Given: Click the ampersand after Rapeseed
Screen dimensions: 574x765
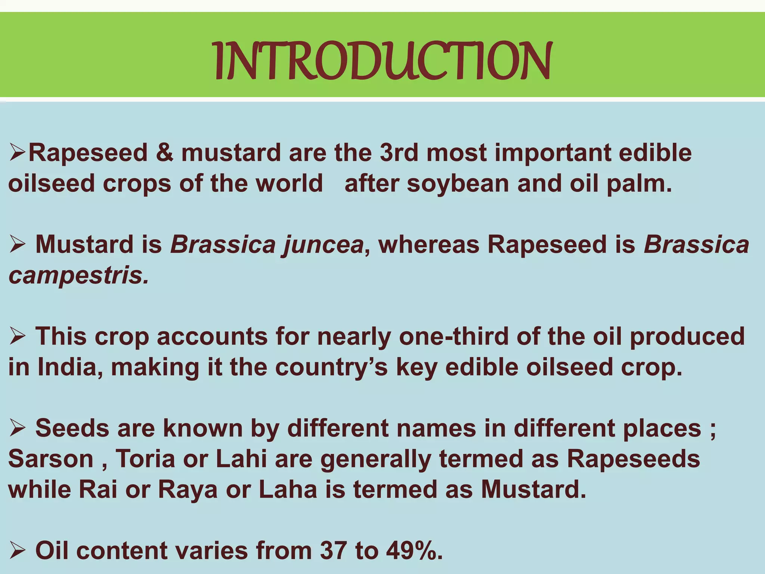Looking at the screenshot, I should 164,153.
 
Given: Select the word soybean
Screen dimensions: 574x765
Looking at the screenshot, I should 458,184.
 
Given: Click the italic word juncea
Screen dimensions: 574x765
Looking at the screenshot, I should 323,245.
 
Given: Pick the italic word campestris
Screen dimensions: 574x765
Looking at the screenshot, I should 78,276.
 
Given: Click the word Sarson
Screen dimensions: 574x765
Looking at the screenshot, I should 51,459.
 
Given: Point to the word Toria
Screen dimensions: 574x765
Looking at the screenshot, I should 145,459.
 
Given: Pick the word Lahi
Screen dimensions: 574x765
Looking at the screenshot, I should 241,459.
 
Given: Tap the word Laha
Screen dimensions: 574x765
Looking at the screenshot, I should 288,490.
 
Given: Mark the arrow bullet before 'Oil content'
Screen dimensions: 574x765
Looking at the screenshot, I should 17,551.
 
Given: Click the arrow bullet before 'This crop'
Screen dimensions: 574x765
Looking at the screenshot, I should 17,336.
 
